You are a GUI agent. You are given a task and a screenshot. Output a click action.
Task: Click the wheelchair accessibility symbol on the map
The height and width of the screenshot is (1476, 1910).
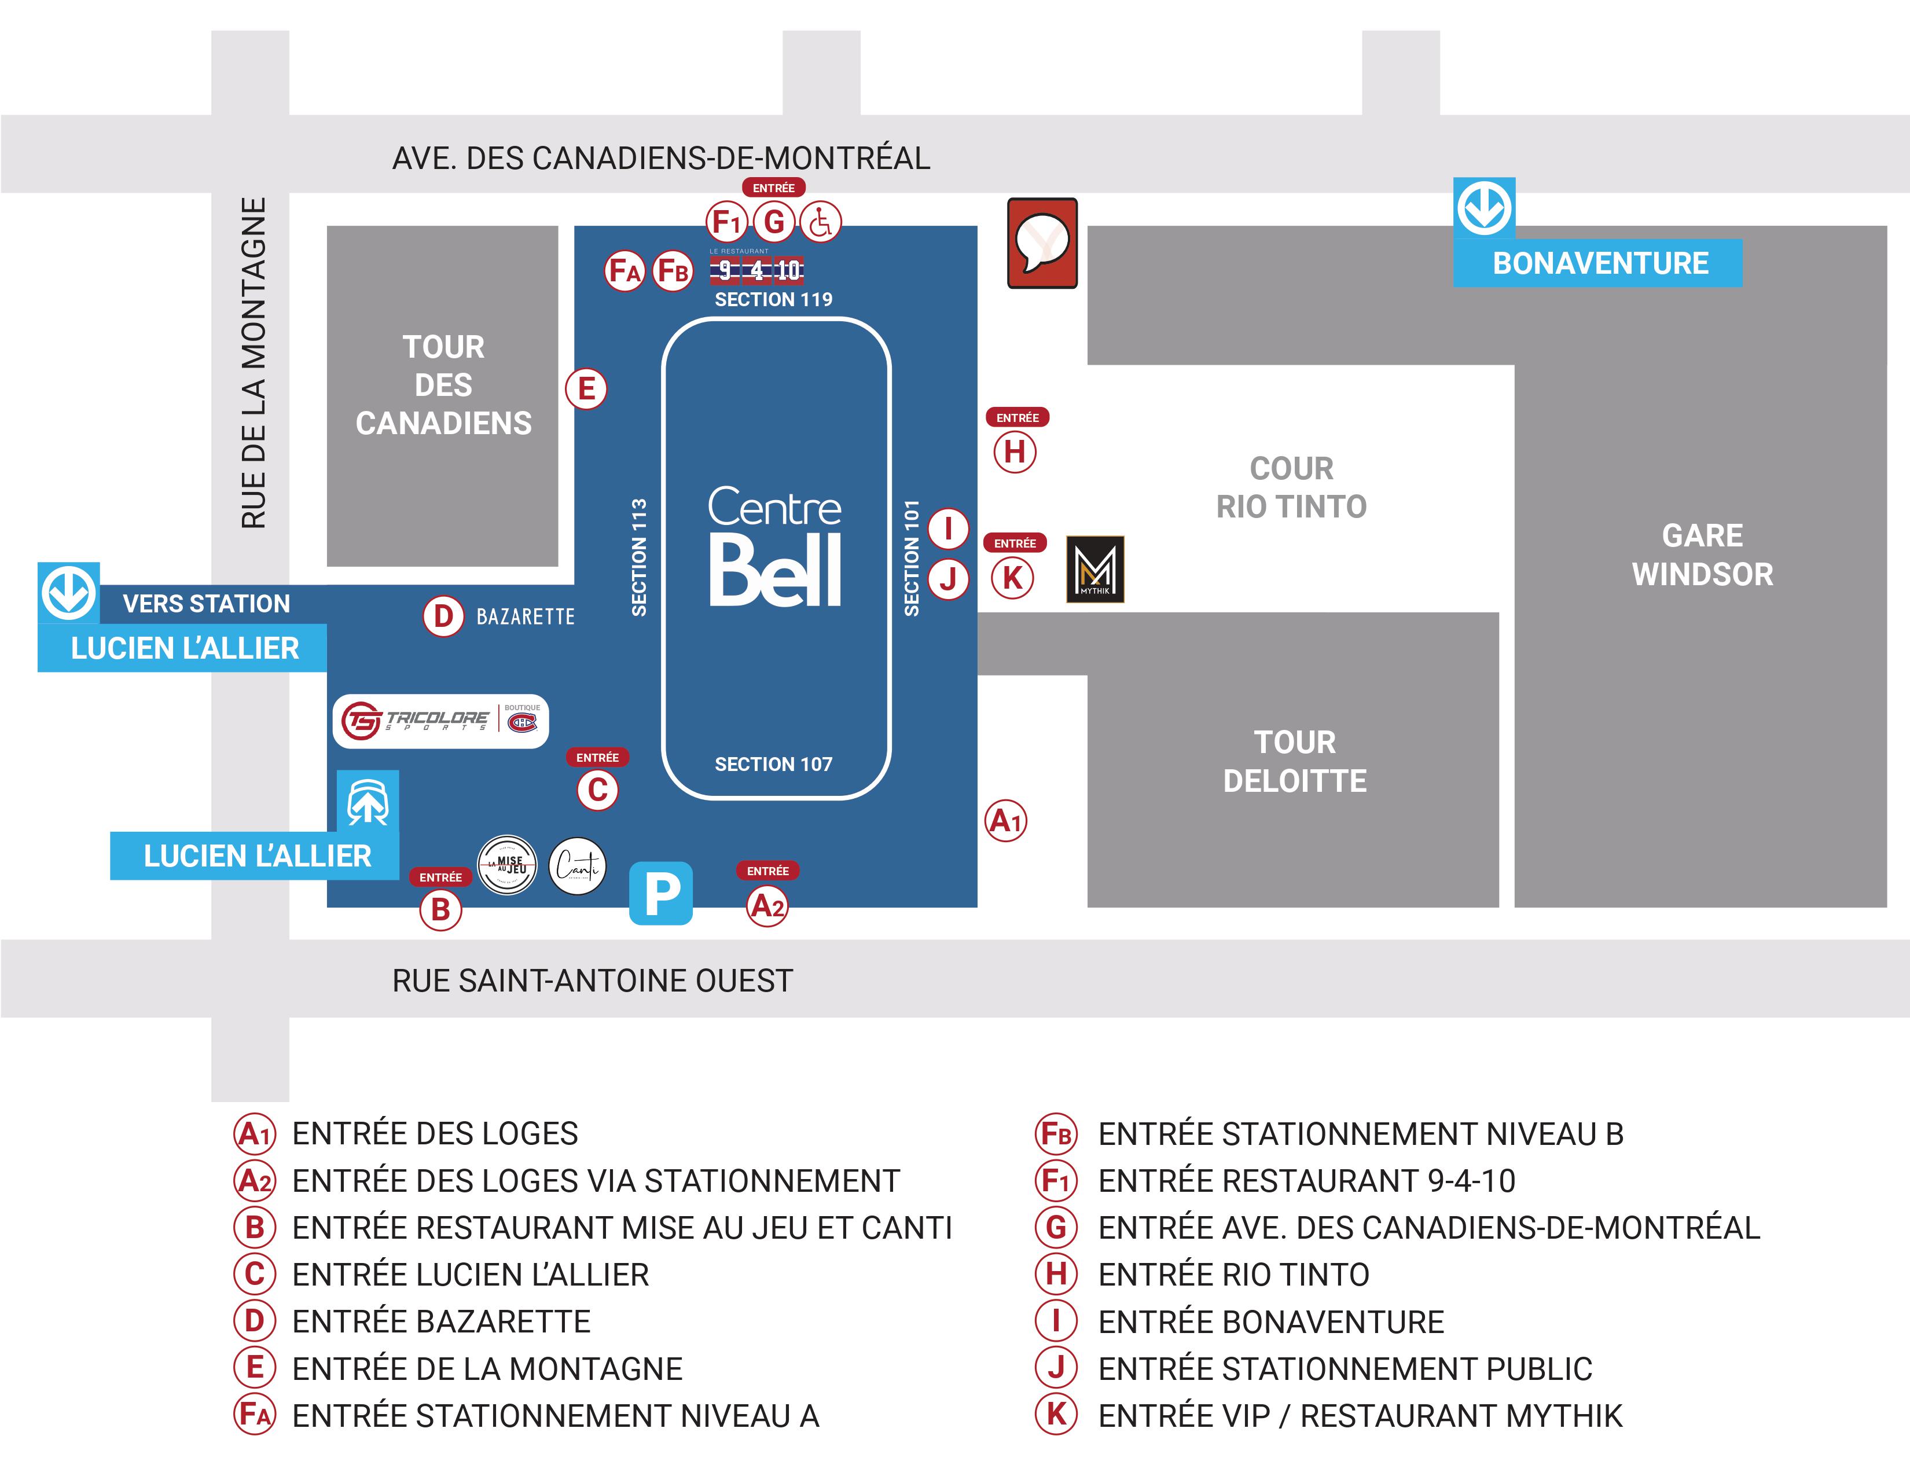[820, 222]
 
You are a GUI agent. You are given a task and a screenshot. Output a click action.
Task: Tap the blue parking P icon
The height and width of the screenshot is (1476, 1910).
[661, 893]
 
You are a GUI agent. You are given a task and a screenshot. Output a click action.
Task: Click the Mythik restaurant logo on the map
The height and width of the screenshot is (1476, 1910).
[1095, 569]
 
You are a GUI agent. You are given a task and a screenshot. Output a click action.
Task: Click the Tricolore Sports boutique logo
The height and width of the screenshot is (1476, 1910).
[440, 721]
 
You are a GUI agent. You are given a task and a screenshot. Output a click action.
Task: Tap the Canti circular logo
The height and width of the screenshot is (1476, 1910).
[577, 866]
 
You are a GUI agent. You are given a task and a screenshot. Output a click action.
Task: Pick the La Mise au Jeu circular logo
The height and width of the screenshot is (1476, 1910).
[507, 866]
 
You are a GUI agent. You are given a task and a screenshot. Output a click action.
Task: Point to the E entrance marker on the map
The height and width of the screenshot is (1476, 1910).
[586, 388]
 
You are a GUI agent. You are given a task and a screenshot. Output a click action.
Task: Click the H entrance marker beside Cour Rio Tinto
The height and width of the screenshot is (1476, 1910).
[1015, 452]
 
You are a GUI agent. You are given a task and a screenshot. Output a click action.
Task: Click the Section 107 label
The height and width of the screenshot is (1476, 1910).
[773, 764]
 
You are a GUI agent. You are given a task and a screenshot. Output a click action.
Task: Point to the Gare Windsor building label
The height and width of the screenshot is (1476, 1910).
[1702, 555]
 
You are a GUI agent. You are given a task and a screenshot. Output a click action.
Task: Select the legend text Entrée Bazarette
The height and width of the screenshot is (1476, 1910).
[441, 1321]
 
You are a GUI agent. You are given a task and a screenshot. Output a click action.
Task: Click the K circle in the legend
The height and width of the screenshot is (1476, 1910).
[1056, 1415]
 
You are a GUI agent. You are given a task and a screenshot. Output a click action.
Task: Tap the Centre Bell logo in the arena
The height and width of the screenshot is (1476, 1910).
[774, 546]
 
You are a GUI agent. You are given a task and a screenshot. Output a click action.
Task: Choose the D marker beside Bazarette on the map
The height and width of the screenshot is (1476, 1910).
[443, 616]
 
